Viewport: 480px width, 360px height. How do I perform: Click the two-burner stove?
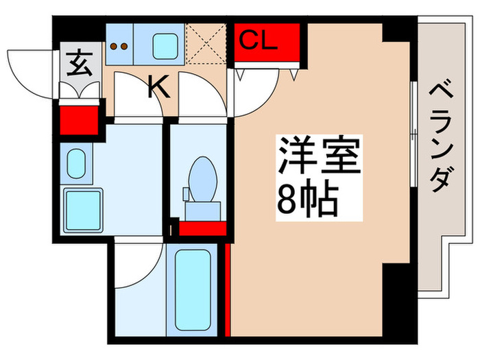119,46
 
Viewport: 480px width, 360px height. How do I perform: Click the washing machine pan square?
82,209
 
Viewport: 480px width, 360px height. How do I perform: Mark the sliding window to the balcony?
413,134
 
